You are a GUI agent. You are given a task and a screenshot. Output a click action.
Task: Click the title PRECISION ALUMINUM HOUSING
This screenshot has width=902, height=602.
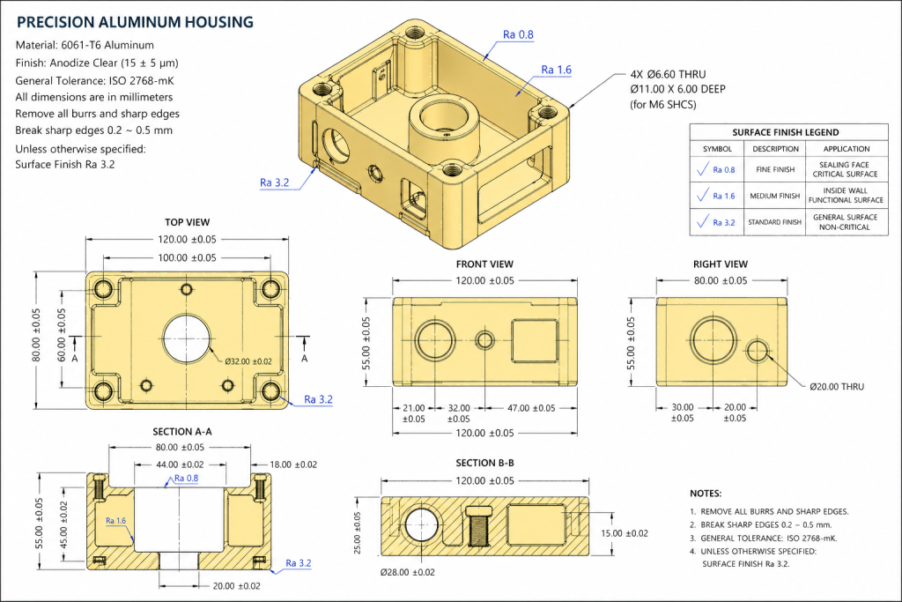[x=135, y=21]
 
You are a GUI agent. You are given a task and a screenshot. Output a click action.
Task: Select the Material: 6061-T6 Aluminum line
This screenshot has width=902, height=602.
[x=85, y=45]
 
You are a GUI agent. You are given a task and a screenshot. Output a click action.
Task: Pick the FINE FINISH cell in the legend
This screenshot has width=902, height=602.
[x=776, y=170]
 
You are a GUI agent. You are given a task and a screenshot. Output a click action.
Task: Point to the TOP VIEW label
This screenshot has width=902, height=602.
[x=187, y=222]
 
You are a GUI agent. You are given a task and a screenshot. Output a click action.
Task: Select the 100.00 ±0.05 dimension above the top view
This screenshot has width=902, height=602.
[x=187, y=257]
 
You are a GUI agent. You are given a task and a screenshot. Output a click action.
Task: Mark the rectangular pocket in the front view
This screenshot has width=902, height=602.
[x=534, y=339]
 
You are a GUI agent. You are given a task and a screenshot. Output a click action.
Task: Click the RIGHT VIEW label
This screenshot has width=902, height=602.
[x=721, y=264]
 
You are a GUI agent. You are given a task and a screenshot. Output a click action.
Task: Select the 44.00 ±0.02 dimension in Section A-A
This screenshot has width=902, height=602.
[x=180, y=465]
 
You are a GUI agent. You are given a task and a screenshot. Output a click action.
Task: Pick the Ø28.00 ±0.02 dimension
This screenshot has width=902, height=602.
[x=407, y=572]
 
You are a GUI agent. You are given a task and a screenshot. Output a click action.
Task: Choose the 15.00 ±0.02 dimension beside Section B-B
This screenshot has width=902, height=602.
[x=624, y=532]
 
